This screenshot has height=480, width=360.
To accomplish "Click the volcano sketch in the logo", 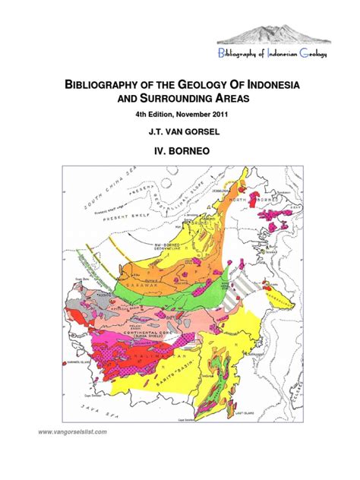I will [276, 30].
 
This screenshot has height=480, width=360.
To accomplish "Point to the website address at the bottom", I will [73, 432].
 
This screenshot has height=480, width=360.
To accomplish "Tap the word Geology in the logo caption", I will [314, 52].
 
